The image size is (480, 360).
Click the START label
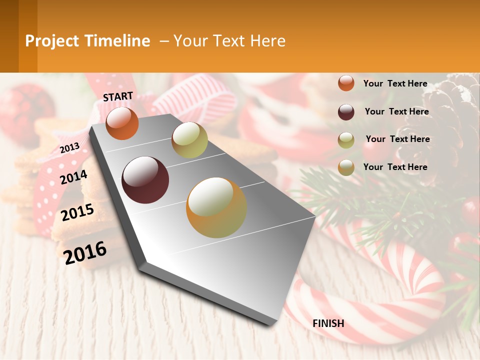click(x=118, y=96)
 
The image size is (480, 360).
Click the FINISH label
click(x=328, y=323)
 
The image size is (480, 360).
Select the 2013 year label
click(x=69, y=148)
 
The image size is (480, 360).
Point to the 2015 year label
click(x=77, y=212)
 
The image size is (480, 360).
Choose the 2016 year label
click(x=85, y=252)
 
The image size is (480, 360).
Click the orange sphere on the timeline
click(x=122, y=123)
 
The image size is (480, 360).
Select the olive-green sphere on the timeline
click(x=189, y=140)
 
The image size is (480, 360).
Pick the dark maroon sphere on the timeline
click(x=145, y=180)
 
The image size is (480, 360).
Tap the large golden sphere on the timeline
click(x=216, y=207)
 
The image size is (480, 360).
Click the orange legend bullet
click(x=346, y=83)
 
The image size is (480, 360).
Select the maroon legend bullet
click(x=346, y=112)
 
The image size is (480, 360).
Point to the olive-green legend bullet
click(x=346, y=140)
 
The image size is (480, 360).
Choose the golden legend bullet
click(x=346, y=167)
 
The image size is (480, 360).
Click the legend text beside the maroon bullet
click(x=396, y=111)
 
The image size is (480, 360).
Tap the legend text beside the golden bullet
click(x=395, y=167)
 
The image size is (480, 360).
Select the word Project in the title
click(x=52, y=41)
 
